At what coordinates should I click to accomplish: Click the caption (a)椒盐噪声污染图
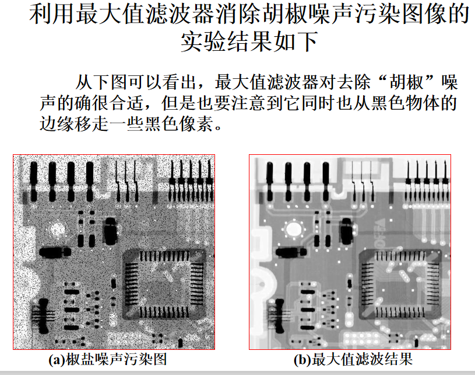pyautogui.click(x=108, y=359)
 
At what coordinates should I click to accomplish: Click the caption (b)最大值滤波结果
pyautogui.click(x=353, y=359)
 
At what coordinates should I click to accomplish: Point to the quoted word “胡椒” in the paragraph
pyautogui.click(x=406, y=82)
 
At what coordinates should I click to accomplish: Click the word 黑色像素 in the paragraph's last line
pyautogui.click(x=179, y=124)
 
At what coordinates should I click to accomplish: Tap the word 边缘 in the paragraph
pyautogui.click(x=57, y=124)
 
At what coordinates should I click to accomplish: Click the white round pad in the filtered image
pyautogui.click(x=293, y=229)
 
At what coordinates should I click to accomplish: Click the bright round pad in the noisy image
pyautogui.click(x=57, y=230)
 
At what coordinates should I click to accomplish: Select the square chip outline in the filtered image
pyautogui.click(x=400, y=284)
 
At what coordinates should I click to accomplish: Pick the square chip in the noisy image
pyautogui.click(x=164, y=284)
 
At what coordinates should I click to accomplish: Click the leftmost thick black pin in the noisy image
pyautogui.click(x=34, y=182)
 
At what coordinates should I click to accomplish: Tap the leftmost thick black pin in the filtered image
pyautogui.click(x=270, y=182)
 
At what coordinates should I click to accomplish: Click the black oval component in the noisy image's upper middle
pyautogui.click(x=110, y=231)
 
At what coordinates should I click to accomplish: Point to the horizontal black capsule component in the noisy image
pyautogui.click(x=55, y=252)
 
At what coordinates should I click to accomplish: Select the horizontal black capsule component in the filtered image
pyautogui.click(x=291, y=252)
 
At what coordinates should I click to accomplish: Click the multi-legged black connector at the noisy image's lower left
pyautogui.click(x=43, y=315)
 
